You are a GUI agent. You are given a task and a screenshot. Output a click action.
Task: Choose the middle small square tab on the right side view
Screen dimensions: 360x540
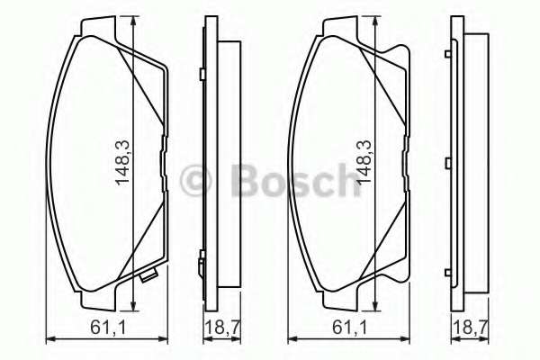coord(447,163)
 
